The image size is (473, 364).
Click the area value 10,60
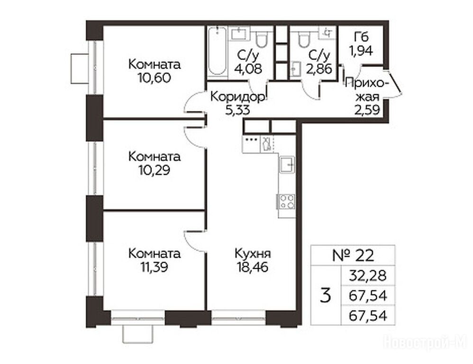pyautogui.click(x=154, y=78)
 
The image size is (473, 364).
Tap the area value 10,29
pyautogui.click(x=154, y=170)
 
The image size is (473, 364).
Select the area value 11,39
pyautogui.click(x=154, y=267)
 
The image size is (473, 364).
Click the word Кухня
pyautogui.click(x=253, y=254)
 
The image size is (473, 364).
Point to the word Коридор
pyautogui.click(x=238, y=97)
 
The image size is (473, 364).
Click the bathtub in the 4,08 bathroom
pyautogui.click(x=217, y=51)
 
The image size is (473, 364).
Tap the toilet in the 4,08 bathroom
pyautogui.click(x=261, y=39)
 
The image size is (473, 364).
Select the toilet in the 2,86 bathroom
pyautogui.click(x=303, y=39)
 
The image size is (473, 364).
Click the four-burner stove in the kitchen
pyautogui.click(x=287, y=202)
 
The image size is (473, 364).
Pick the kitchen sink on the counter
pyautogui.click(x=287, y=164)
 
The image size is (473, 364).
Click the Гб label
pyautogui.click(x=361, y=37)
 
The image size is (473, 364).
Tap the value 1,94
pyautogui.click(x=361, y=51)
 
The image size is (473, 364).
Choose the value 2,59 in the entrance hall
pyautogui.click(x=367, y=110)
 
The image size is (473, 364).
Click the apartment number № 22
pyautogui.click(x=353, y=255)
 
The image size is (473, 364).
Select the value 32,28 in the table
pyautogui.click(x=367, y=276)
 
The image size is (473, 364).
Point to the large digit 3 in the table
pyautogui.click(x=325, y=296)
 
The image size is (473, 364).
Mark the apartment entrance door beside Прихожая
pyautogui.click(x=394, y=82)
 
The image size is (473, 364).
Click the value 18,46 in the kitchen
pyautogui.click(x=253, y=267)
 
